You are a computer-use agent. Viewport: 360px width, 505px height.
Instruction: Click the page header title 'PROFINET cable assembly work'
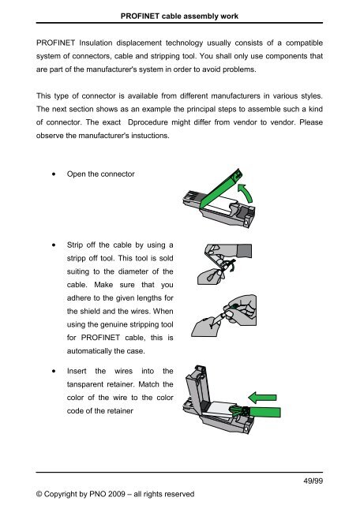(179, 16)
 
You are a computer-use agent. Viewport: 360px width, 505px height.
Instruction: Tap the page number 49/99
(313, 481)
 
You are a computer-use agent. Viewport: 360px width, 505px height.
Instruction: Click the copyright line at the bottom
(115, 494)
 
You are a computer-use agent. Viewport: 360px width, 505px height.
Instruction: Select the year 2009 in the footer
(116, 494)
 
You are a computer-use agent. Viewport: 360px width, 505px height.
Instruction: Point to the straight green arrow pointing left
(262, 398)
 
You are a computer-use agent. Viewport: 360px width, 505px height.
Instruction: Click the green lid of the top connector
(221, 189)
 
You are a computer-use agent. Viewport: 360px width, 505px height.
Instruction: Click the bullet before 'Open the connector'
(54, 174)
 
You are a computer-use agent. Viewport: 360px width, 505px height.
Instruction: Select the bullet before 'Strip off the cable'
(54, 245)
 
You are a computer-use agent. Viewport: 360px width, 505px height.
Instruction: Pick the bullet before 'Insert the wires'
(54, 371)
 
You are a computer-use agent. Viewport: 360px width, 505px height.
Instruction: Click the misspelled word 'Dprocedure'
(148, 123)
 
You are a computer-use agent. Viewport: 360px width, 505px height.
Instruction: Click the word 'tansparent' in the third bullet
(84, 384)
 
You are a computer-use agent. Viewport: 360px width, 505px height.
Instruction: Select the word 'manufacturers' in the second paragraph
(235, 96)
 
